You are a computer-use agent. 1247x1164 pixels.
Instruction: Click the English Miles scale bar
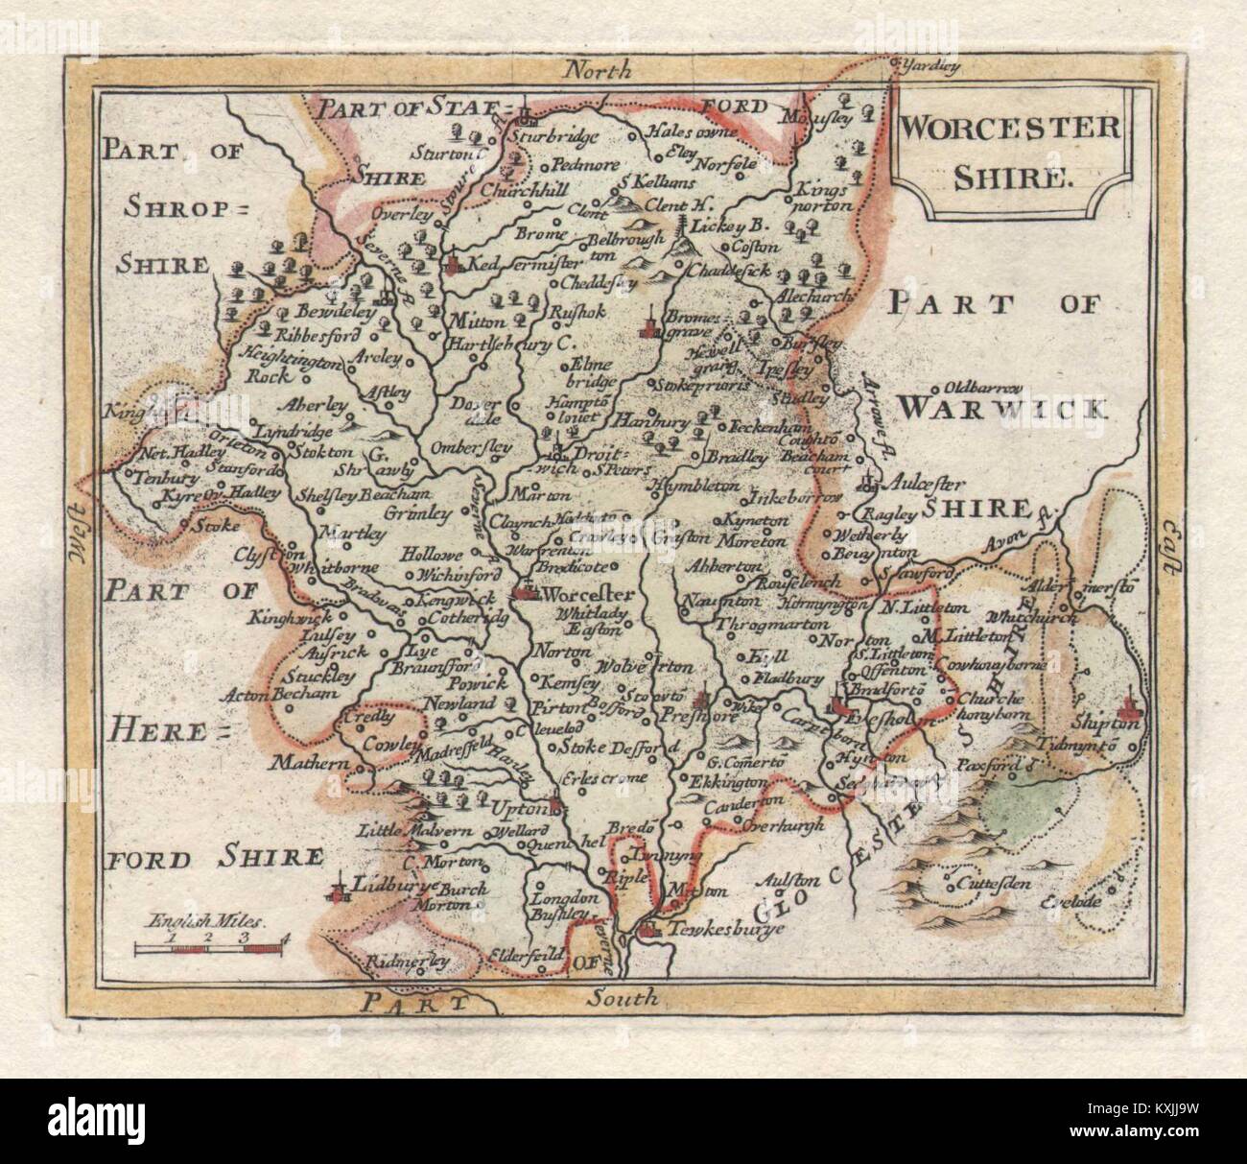(207, 947)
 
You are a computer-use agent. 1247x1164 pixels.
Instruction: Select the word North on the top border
(600, 69)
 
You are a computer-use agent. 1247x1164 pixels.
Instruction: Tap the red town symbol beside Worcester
(524, 592)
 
